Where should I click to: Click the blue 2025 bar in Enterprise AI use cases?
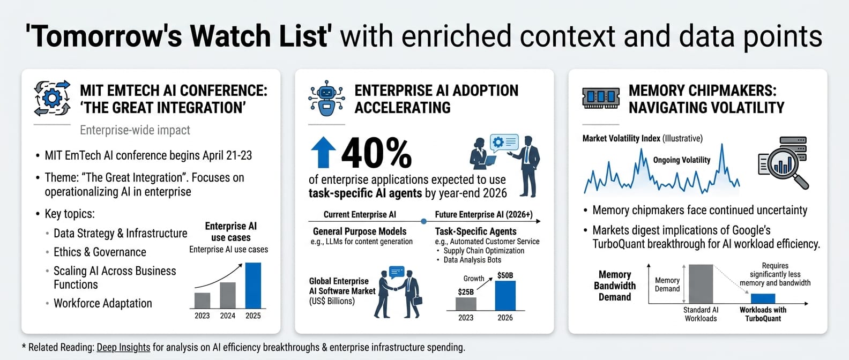click(x=253, y=286)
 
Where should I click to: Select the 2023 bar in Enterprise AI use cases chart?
click(x=203, y=301)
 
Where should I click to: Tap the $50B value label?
click(x=505, y=275)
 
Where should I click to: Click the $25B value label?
click(x=466, y=292)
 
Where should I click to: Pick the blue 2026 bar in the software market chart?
click(x=505, y=296)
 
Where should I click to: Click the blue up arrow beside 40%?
click(x=323, y=152)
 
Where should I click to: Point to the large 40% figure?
click(x=376, y=153)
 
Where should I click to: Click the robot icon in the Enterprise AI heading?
click(x=327, y=98)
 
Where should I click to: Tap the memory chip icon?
click(x=601, y=98)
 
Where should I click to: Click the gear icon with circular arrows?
click(x=53, y=98)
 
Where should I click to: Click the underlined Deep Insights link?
click(x=124, y=347)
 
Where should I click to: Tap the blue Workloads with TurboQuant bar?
click(x=763, y=298)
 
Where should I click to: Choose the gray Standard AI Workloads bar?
click(x=701, y=284)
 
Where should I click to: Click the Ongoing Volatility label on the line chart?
click(x=681, y=160)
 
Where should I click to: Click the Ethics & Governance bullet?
click(x=100, y=252)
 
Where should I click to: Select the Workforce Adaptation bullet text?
click(x=103, y=303)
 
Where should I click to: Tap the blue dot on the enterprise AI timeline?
click(x=424, y=221)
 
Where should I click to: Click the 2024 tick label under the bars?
click(x=228, y=316)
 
